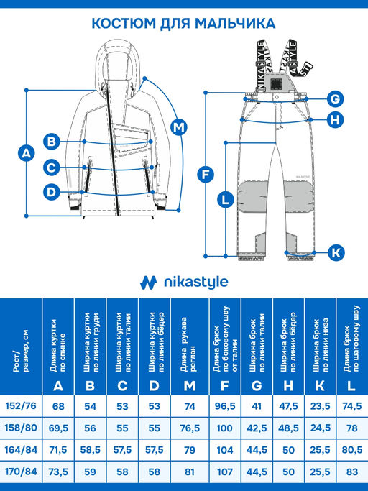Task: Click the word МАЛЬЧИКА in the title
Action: [x=235, y=24]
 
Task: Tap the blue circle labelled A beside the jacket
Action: [x=27, y=153]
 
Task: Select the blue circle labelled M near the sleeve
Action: [x=178, y=127]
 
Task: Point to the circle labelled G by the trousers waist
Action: [x=335, y=99]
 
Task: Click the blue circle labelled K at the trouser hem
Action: [x=336, y=252]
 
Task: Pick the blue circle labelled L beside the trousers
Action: [x=226, y=200]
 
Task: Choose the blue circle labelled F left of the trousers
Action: [x=206, y=175]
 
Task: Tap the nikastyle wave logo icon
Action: [x=148, y=283]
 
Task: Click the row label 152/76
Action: [x=21, y=406]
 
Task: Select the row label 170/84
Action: [x=21, y=471]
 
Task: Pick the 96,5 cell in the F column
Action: [x=225, y=406]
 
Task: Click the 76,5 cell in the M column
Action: [x=190, y=428]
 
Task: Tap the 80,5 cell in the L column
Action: [x=352, y=450]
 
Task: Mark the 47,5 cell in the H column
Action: [x=288, y=406]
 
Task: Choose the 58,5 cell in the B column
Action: [x=90, y=450]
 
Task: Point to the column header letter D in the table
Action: [x=154, y=386]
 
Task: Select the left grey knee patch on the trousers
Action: [x=253, y=197]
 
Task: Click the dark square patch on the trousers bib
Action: [x=275, y=83]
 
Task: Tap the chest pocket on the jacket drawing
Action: [x=131, y=139]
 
